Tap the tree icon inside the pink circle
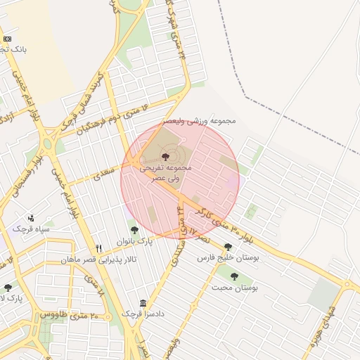[165, 156]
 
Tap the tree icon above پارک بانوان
[134, 229]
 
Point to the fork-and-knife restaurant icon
[98, 248]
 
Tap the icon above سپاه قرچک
[30, 218]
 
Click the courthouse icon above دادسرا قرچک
[143, 303]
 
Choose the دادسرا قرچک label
[143, 314]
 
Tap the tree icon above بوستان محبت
[234, 276]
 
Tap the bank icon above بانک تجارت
[7, 39]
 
